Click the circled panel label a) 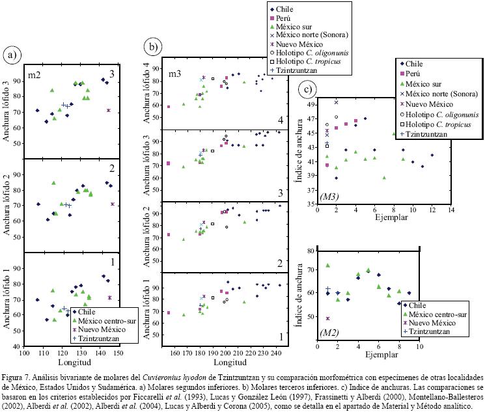coord(11,55)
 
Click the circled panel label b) coord(153,46)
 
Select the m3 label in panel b coord(174,74)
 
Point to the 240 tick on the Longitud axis coord(276,353)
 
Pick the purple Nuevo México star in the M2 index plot coord(327,319)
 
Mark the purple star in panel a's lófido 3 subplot coord(109,111)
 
